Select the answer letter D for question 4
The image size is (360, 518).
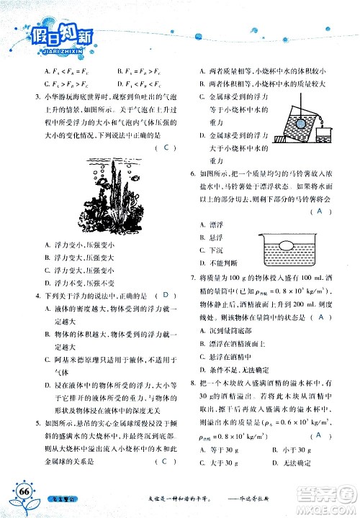pyautogui.click(x=166, y=295)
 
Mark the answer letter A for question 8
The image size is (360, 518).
pyautogui.click(x=316, y=435)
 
